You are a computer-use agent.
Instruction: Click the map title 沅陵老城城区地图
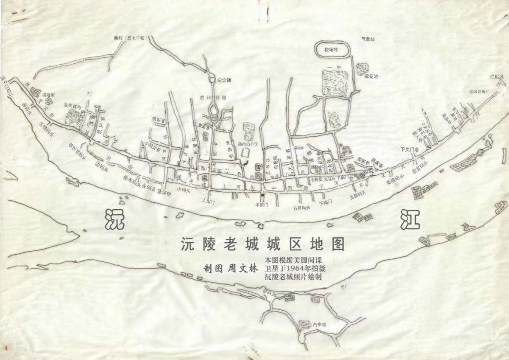(x=263, y=244)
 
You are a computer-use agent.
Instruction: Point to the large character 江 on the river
(x=410, y=220)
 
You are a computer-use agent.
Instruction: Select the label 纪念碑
(x=224, y=80)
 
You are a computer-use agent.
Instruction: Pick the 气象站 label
(x=368, y=39)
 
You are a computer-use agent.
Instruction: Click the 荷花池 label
(x=371, y=76)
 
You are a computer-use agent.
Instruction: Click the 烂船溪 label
(x=497, y=77)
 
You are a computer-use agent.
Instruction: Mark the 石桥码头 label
(x=302, y=208)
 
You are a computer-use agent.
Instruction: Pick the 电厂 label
(x=342, y=286)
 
